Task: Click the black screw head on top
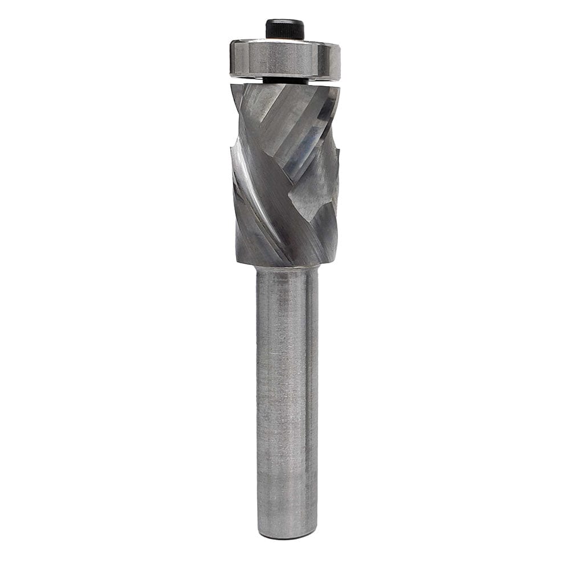click(x=284, y=28)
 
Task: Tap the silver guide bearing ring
click(x=284, y=58)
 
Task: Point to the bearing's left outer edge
click(x=231, y=58)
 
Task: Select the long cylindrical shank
click(x=287, y=399)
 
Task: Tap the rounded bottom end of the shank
click(x=287, y=535)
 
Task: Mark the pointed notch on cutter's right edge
click(x=339, y=149)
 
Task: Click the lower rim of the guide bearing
click(x=284, y=76)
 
